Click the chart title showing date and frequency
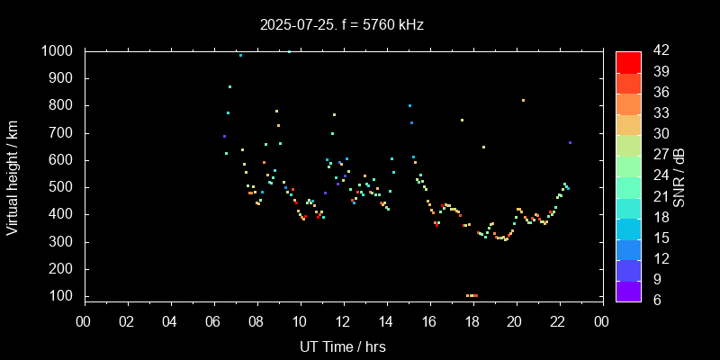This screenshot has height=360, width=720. point(341,25)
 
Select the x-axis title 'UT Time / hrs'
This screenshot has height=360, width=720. point(342,346)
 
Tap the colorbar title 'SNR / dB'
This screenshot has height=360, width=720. point(679,176)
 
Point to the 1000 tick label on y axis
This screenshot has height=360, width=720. point(58,51)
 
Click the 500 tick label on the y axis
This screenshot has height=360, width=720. point(62,187)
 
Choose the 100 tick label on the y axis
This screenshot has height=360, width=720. point(62,296)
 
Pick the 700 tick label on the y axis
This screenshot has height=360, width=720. point(62,133)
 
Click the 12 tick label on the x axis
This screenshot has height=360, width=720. point(343,320)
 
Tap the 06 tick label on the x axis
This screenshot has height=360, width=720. point(213,320)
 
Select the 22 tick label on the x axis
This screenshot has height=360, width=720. point(558,320)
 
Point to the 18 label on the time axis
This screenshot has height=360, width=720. point(472,320)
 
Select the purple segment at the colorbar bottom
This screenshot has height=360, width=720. point(628,290)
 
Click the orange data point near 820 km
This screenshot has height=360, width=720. point(523,100)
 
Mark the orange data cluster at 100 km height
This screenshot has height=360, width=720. point(472,295)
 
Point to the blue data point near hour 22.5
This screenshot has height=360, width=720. point(570,142)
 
